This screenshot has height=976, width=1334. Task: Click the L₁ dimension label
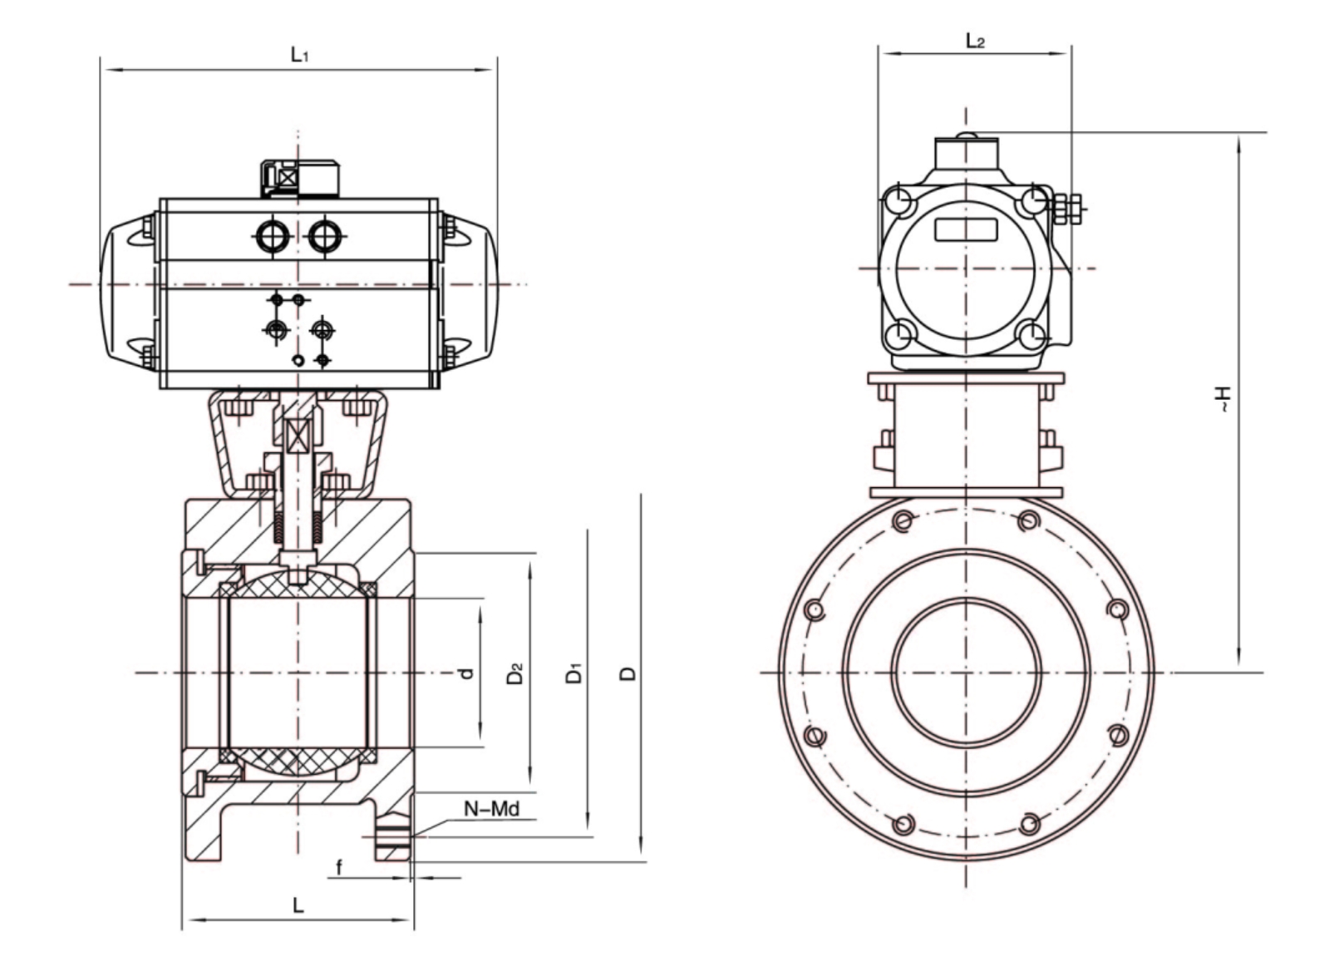pyautogui.click(x=299, y=55)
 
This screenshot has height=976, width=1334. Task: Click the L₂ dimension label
pyautogui.click(x=975, y=41)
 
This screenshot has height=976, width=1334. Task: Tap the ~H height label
pyautogui.click(x=1223, y=400)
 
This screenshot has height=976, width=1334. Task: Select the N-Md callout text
pyautogui.click(x=492, y=808)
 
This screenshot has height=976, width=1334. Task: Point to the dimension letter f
pyautogui.click(x=339, y=868)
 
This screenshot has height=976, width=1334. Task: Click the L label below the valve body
pyautogui.click(x=298, y=905)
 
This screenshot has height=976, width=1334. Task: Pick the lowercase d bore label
pyautogui.click(x=467, y=673)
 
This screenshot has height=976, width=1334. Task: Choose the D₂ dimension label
pyautogui.click(x=515, y=673)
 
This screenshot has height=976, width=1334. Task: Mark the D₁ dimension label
pyautogui.click(x=574, y=673)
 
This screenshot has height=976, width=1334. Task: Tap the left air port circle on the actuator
pyautogui.click(x=272, y=237)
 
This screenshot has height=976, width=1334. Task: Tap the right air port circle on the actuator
pyautogui.click(x=325, y=237)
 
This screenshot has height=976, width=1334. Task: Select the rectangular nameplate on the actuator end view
pyautogui.click(x=967, y=229)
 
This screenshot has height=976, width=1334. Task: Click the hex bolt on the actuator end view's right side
pyautogui.click(x=1065, y=209)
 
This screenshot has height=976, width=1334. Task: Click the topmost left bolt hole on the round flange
pyautogui.click(x=903, y=521)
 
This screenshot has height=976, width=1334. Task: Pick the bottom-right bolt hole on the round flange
pyautogui.click(x=1029, y=824)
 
